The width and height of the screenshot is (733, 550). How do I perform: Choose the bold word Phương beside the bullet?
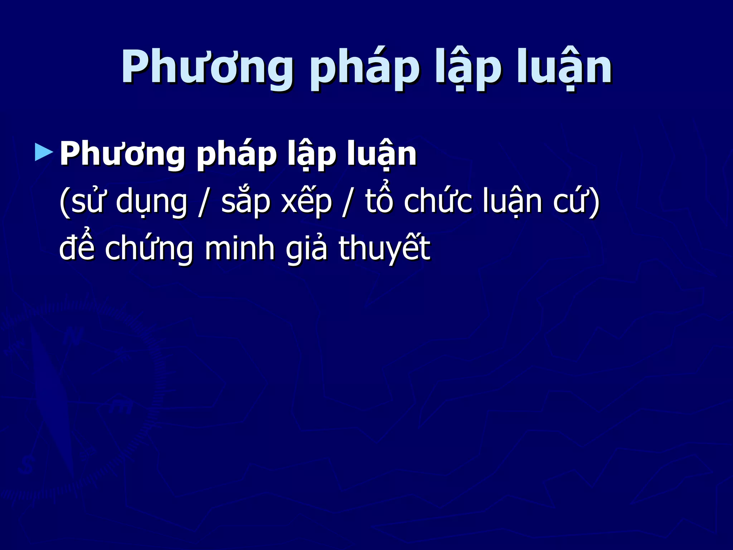coord(122,154)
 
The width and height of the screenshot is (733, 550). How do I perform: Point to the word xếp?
coord(306,202)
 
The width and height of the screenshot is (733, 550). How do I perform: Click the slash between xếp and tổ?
coord(346,202)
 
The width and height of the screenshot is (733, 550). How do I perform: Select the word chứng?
coord(149,249)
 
